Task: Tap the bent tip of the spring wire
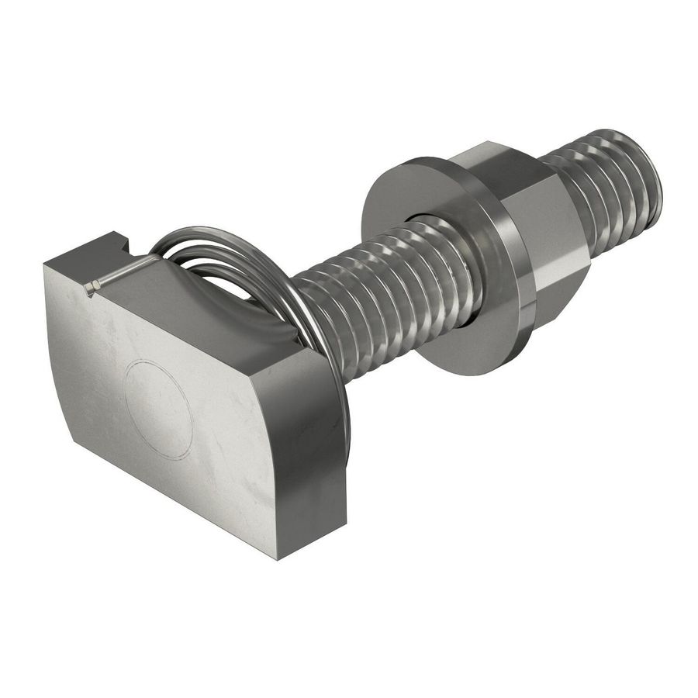(90, 289)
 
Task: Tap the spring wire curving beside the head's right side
(338, 372)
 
